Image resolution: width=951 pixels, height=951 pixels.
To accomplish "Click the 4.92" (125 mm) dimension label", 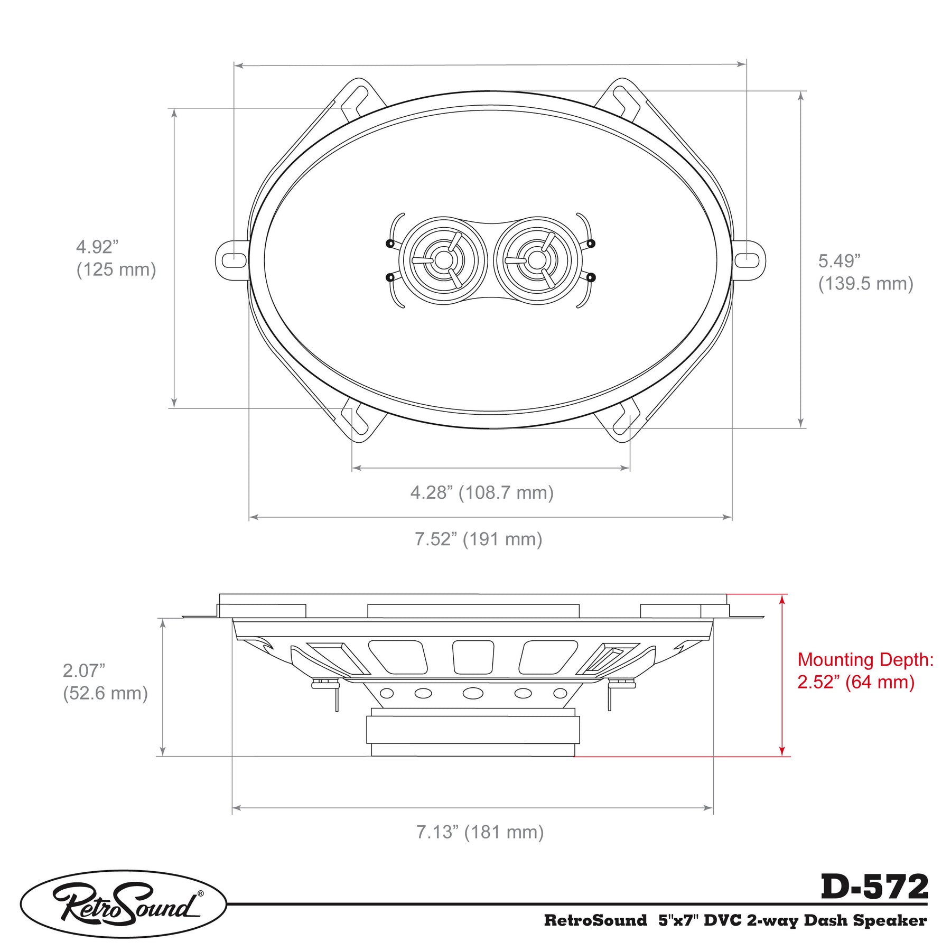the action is [116, 258].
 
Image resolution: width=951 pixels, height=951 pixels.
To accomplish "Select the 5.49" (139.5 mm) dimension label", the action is [865, 272].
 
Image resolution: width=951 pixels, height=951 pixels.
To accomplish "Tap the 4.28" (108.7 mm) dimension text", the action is [482, 492].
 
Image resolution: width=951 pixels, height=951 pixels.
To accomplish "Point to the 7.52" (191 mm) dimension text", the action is [478, 539].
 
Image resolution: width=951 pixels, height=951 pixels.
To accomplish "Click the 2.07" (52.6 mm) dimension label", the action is [105, 682].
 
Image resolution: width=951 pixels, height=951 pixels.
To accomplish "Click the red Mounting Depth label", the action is [865, 670].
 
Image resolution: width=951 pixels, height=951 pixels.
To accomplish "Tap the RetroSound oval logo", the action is [124, 904].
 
